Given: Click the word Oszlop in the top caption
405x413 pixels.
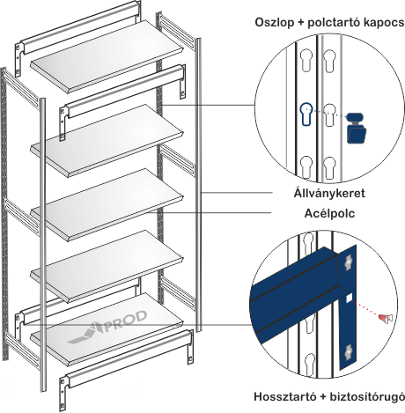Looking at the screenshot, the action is [274, 23].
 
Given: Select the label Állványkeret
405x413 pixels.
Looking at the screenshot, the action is [329, 193].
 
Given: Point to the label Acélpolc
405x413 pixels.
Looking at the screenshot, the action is [329, 213].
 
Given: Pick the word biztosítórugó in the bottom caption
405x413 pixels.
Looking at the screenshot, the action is [367, 397].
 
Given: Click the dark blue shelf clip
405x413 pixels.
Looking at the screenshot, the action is [357, 128].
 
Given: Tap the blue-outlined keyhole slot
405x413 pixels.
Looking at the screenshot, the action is [306, 114].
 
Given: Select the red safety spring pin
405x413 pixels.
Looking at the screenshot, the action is [386, 318].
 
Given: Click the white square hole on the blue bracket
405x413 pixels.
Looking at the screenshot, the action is [349, 299].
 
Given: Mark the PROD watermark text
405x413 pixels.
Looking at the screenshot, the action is [124, 321].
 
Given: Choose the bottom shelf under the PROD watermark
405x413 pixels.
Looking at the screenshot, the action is [107, 330].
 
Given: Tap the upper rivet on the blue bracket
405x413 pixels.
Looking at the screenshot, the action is [349, 262].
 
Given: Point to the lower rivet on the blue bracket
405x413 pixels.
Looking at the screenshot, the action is [349, 350].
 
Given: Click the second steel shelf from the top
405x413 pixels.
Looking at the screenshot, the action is [107, 140].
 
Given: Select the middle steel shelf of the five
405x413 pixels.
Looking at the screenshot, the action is [107, 204].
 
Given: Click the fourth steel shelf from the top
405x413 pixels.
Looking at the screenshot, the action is [107, 267].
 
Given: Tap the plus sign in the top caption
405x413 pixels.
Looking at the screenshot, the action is [300, 23].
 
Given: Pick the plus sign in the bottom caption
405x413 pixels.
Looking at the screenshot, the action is [324, 397].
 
